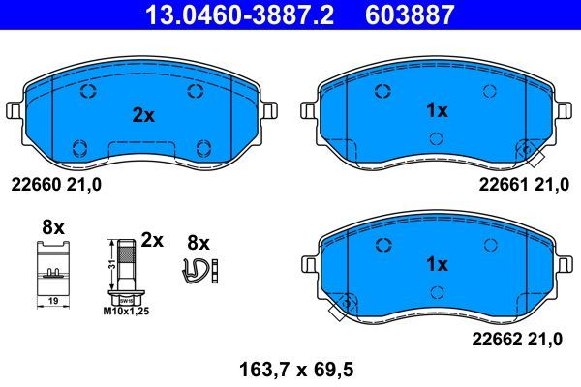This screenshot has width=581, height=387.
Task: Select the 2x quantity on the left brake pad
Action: point(142,115)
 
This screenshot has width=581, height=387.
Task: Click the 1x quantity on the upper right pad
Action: point(438,111)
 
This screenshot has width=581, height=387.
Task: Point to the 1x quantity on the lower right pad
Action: point(438,263)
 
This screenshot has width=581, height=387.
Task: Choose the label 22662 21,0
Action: point(522,339)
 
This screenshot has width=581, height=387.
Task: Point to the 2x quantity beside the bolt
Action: point(152,238)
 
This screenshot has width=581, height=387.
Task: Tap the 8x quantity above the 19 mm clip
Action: point(52,227)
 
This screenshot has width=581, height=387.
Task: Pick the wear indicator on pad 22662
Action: point(339,311)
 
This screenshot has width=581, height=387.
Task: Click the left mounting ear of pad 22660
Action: point(14,111)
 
